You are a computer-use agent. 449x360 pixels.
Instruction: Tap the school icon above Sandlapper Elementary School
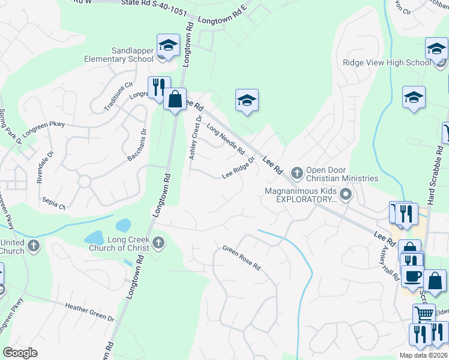coord(169,45)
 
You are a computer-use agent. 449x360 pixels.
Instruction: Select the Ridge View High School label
coord(387,62)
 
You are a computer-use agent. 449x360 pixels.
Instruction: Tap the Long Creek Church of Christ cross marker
coord(158,243)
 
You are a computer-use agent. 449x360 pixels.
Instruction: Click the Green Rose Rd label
coord(242,257)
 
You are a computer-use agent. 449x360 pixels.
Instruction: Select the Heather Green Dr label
coord(89,311)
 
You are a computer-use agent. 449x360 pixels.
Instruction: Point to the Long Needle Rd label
coord(225,139)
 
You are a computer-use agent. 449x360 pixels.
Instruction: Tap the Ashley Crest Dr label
coord(194,137)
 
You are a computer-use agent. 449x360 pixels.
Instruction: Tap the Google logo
coord(20,352)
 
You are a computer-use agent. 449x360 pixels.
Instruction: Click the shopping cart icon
coord(424,313)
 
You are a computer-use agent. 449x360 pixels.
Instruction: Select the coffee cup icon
coord(412,276)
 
